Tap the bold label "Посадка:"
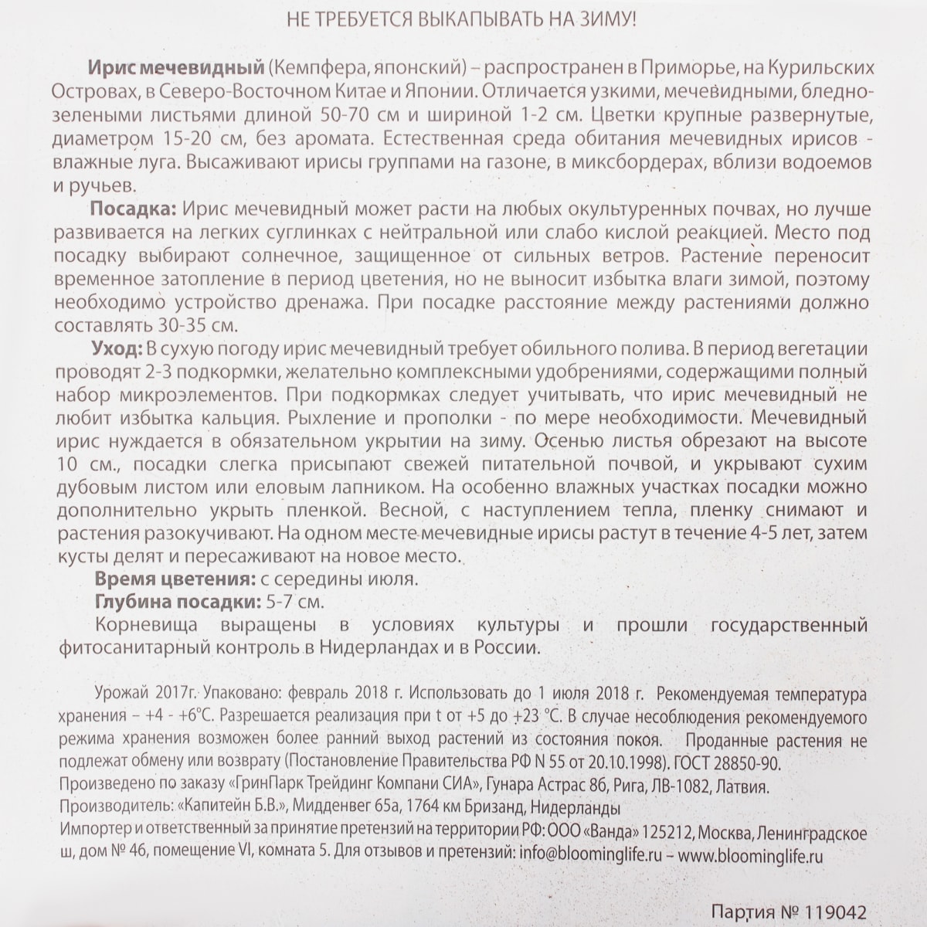click(x=133, y=209)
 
